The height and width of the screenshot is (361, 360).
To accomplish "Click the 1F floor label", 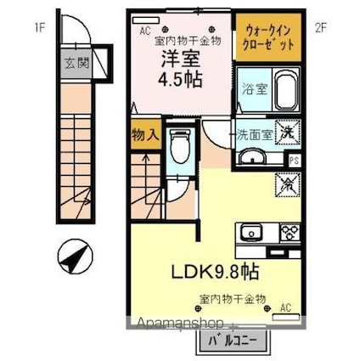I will pyautogui.click(x=39, y=25).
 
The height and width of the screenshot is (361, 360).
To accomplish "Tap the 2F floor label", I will pyautogui.click(x=320, y=25).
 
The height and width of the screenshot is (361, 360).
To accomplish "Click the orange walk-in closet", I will pyautogui.click(x=267, y=37).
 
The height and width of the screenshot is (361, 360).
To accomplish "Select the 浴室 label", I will pyautogui.click(x=252, y=88).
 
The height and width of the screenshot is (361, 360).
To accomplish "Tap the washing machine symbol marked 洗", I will pyautogui.click(x=290, y=133).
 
